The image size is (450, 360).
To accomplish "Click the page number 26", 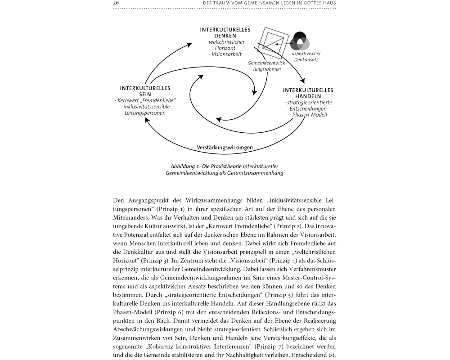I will click(x=116, y=4).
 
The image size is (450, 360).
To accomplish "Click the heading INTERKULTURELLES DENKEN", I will click(x=225, y=32).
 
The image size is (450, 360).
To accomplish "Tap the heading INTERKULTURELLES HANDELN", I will click(x=308, y=93).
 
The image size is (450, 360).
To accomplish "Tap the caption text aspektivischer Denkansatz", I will click(x=306, y=56).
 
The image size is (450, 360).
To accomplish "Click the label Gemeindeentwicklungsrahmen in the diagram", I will click(x=264, y=66).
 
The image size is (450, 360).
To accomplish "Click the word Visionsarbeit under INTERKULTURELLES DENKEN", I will click(x=225, y=54).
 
